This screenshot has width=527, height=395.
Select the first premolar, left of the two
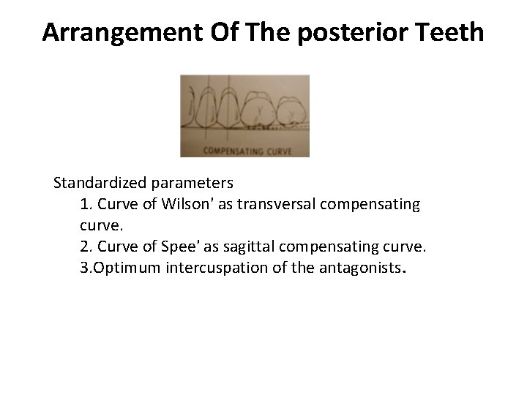point(208,106)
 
